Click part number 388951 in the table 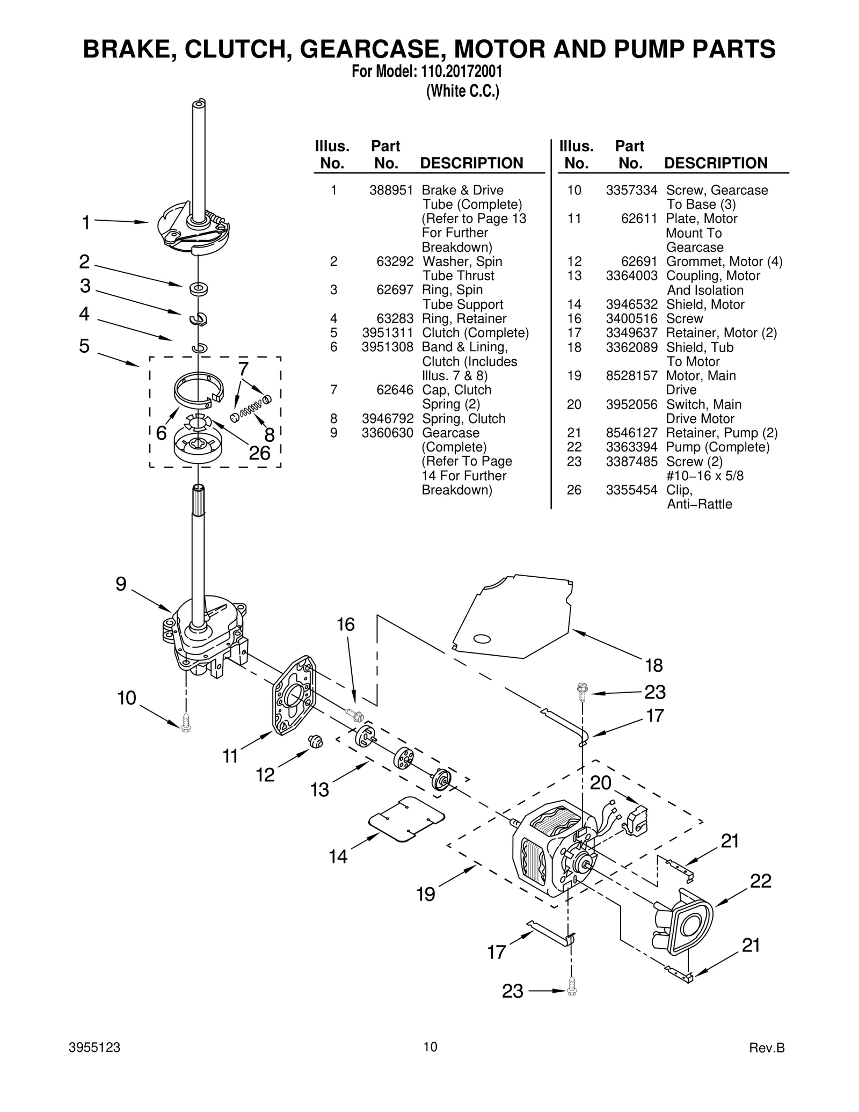point(391,190)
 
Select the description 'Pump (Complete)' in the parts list point(717,447)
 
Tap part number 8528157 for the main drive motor point(631,376)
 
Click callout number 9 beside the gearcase point(121,584)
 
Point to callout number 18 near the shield point(653,666)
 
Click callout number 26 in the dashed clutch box point(259,453)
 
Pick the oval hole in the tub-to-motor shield point(481,638)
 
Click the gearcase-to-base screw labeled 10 point(186,722)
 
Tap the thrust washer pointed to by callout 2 point(199,289)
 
